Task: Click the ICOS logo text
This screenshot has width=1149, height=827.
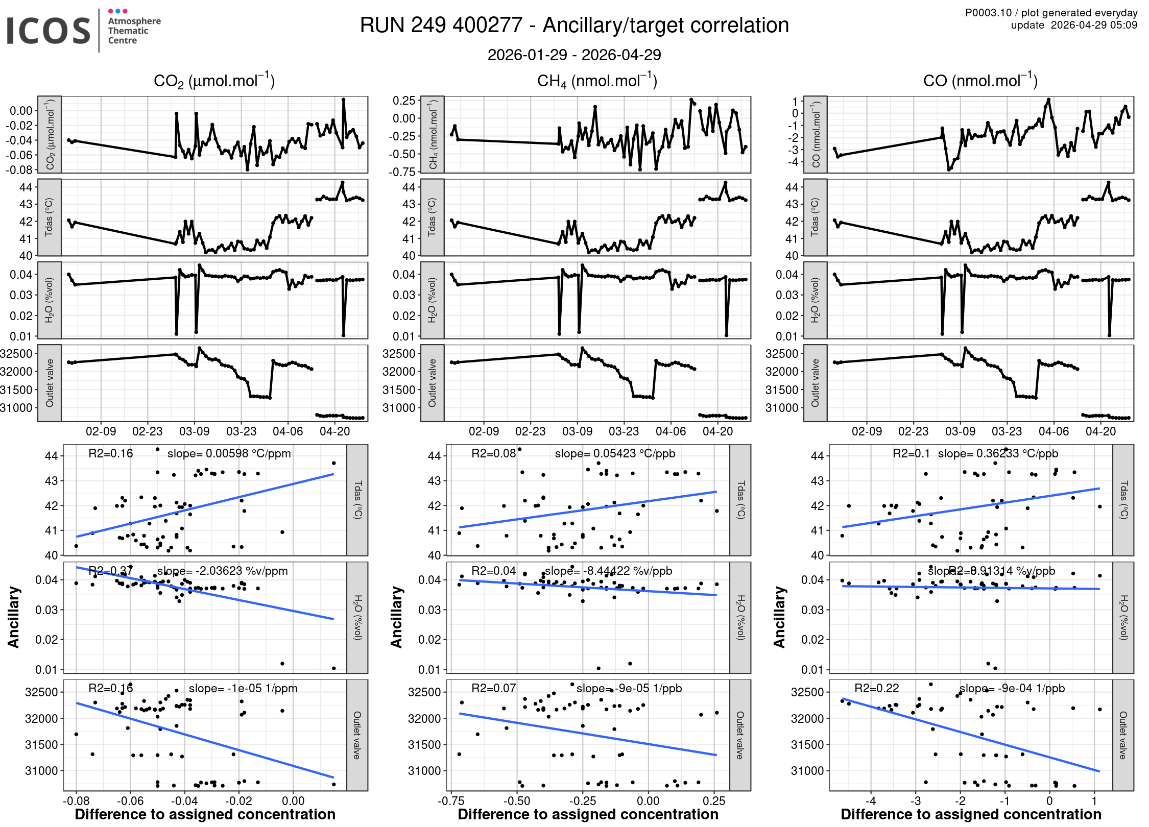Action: [48, 31]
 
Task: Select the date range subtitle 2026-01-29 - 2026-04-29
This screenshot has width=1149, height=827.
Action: [574, 55]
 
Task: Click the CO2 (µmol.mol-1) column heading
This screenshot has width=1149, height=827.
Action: [214, 81]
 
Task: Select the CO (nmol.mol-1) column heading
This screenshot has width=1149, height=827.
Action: [980, 81]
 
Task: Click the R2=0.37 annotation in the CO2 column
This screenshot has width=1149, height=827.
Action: [110, 571]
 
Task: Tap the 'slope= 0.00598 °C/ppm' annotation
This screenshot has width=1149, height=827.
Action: [229, 453]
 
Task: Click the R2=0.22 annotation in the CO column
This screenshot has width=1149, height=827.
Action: [876, 688]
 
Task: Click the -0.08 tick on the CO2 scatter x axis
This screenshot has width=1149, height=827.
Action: [76, 801]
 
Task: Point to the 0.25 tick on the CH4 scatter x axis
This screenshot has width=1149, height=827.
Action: [714, 801]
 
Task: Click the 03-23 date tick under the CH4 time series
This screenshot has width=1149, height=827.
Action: [624, 431]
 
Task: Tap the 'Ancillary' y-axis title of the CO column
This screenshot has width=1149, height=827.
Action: [779, 617]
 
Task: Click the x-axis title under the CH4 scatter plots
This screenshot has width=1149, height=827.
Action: [588, 814]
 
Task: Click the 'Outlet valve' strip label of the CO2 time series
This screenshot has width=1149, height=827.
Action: [50, 383]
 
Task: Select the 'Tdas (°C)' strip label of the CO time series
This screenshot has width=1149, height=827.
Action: [815, 217]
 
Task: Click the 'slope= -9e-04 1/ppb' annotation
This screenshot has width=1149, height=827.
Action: [1012, 688]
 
